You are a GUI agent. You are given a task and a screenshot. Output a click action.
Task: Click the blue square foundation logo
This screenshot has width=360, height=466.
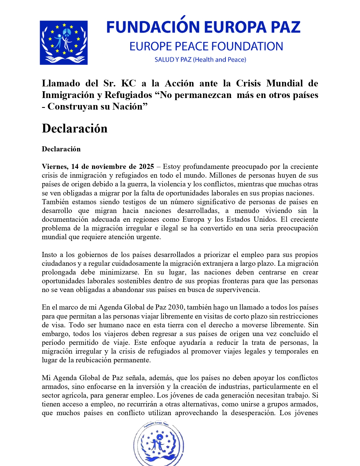[64, 43]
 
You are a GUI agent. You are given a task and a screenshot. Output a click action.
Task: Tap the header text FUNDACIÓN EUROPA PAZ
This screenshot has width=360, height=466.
[203, 27]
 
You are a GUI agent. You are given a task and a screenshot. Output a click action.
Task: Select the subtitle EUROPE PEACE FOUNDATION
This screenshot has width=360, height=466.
[206, 46]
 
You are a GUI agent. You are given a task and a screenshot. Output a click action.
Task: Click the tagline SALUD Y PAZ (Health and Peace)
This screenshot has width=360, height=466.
[200, 60]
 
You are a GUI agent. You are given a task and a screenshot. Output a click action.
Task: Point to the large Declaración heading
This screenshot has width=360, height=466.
[75, 129]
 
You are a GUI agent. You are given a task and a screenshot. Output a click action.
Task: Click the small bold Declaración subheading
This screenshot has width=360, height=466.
[61, 149]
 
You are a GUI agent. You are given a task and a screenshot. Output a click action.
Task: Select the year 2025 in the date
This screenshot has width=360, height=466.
[146, 166]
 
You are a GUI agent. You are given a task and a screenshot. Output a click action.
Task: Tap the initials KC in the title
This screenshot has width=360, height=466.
[128, 83]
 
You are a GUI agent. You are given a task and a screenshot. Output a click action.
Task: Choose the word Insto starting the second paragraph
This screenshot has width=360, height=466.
[49, 255]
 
